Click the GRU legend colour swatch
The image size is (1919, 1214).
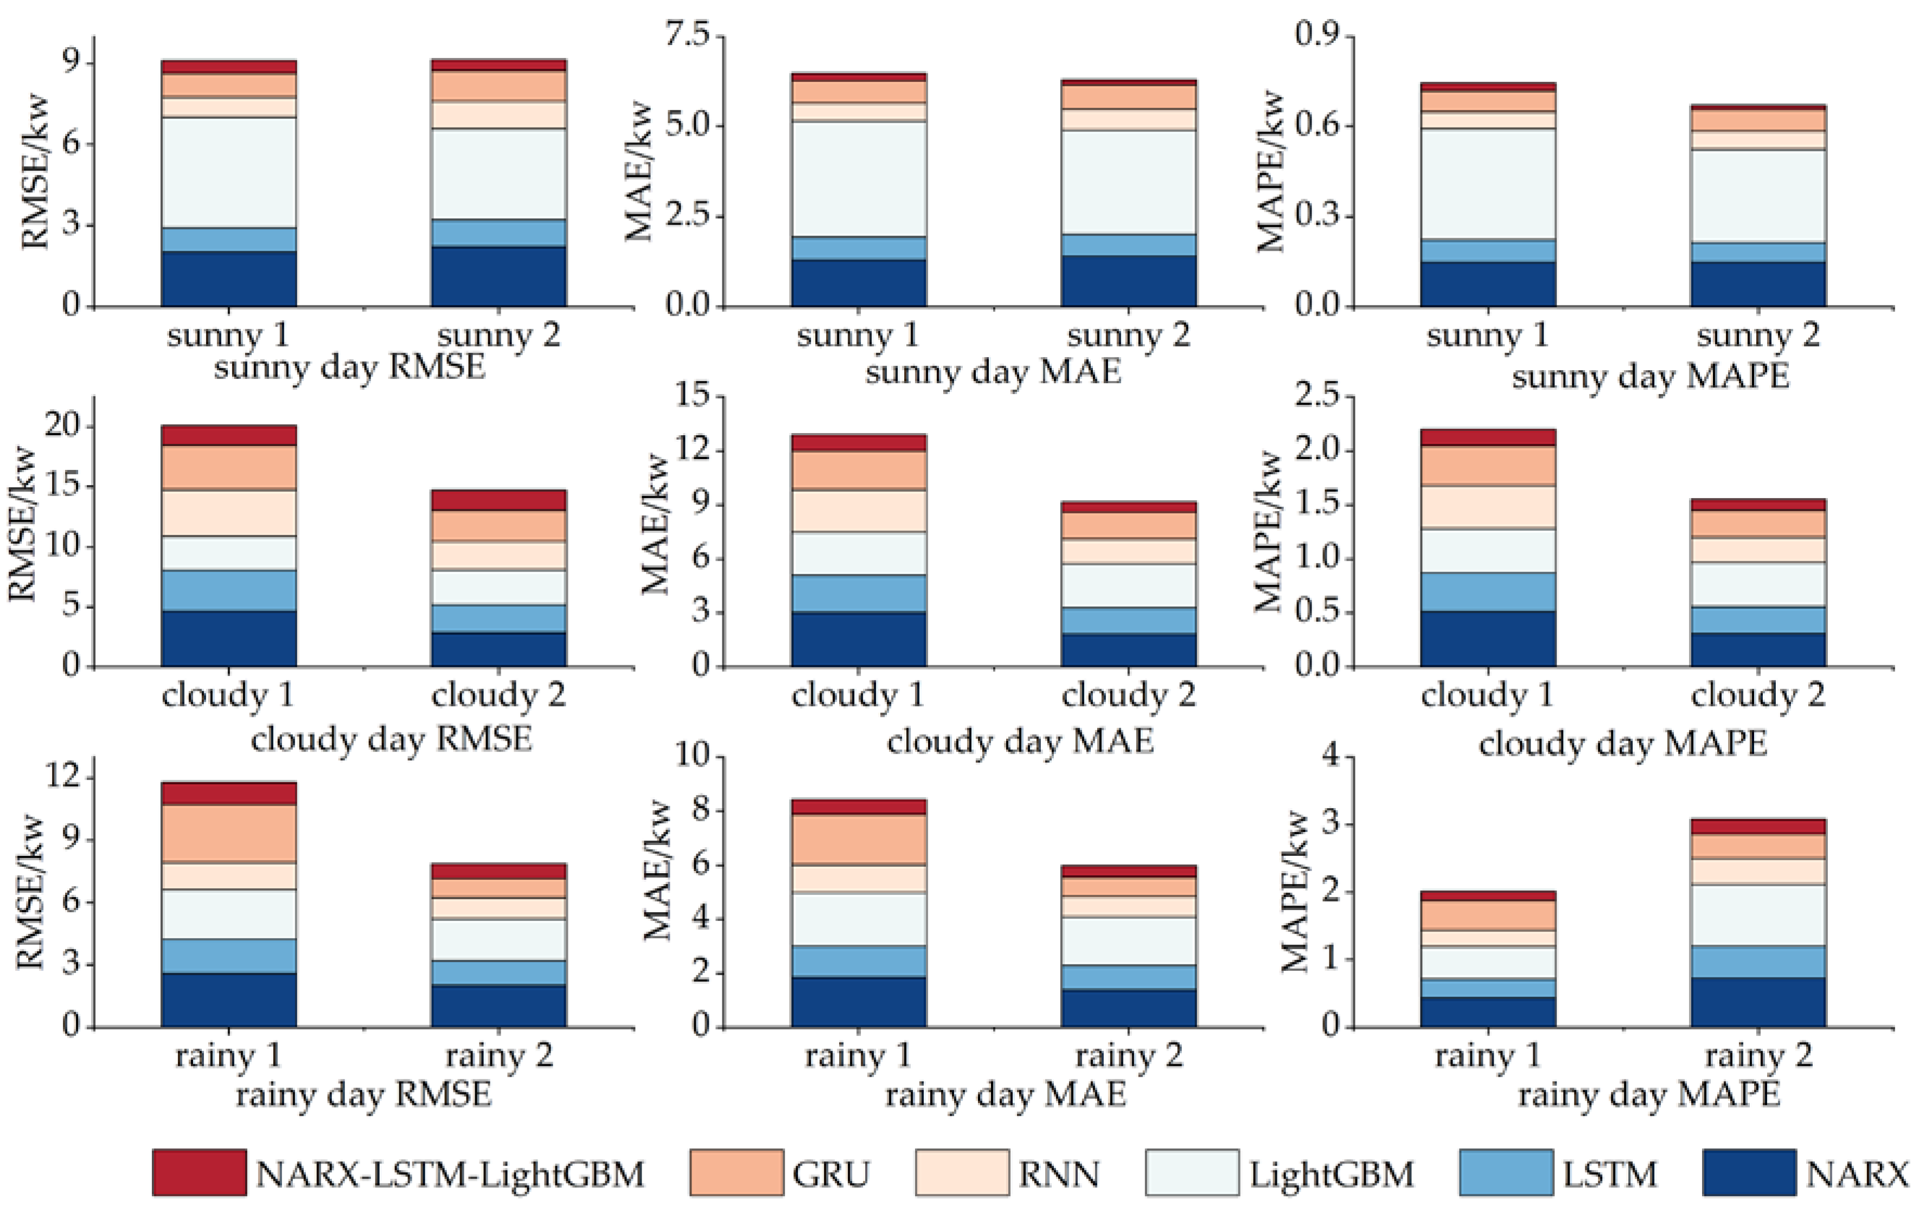(x=735, y=1173)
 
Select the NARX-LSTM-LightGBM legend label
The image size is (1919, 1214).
(x=450, y=1174)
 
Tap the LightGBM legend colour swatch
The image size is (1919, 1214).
(x=1192, y=1173)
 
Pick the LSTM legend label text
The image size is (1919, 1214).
(x=1610, y=1174)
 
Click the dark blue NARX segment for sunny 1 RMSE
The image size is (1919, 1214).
(x=229, y=279)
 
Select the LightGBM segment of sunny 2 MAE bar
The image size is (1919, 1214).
(x=1128, y=182)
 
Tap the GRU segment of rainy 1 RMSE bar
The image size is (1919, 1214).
(x=229, y=833)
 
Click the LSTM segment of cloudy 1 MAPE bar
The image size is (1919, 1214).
(x=1488, y=592)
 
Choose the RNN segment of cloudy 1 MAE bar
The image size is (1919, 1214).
(x=858, y=511)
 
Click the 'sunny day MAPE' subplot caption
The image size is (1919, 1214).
(x=1649, y=376)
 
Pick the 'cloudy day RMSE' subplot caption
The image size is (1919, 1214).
(x=391, y=739)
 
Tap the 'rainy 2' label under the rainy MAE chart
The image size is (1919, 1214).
(x=1128, y=1056)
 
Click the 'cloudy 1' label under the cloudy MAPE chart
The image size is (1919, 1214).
(x=1487, y=695)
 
